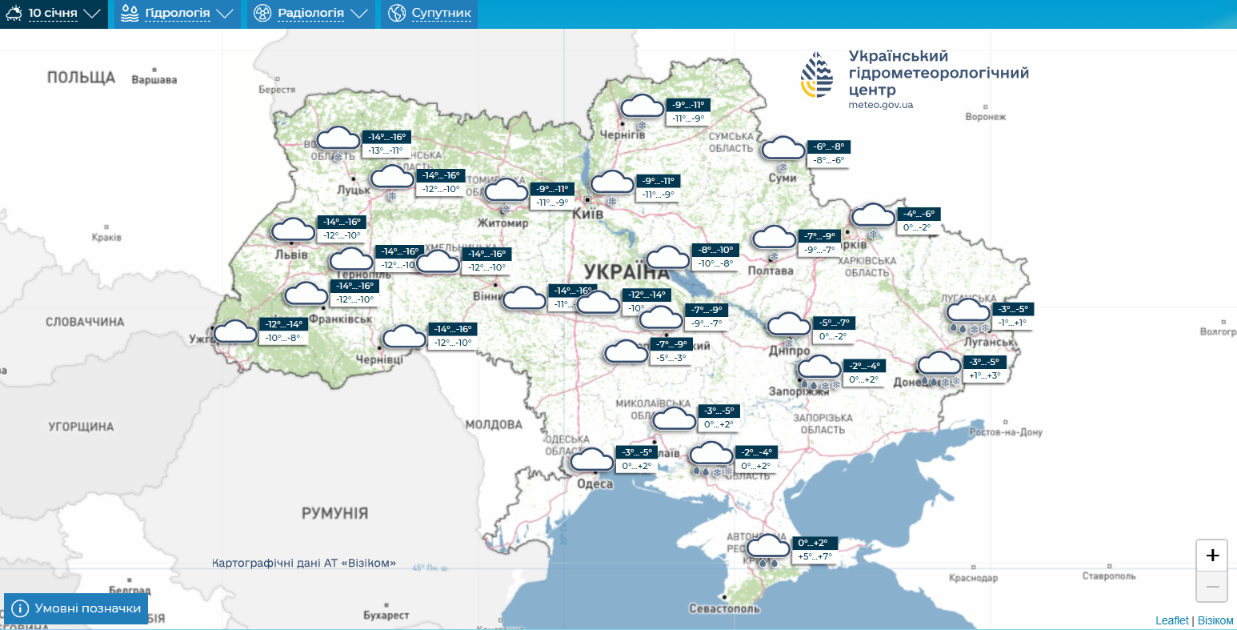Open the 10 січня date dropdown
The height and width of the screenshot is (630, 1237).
point(54,14)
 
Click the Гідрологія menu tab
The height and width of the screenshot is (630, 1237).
point(178,14)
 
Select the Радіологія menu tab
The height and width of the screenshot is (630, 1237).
point(310,14)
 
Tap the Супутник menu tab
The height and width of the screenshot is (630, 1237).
point(430,14)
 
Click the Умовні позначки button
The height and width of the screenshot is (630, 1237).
point(77,608)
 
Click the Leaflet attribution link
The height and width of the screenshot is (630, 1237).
point(1171,620)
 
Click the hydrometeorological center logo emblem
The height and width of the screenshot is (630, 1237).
point(817,75)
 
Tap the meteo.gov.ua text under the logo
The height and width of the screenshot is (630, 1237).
point(880,105)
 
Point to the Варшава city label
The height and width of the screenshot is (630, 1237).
point(154,80)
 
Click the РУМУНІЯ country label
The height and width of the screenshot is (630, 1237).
point(334,513)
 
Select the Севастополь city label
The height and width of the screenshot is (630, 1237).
point(724,608)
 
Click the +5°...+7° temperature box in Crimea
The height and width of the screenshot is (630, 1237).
point(815,556)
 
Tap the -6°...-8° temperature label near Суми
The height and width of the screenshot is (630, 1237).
point(828,146)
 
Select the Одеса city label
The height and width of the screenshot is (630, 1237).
point(594,484)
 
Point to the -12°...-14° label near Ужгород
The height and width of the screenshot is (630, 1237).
point(284,324)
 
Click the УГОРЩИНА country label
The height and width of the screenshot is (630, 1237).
point(81,427)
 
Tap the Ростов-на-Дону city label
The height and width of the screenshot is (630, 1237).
point(1006,432)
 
